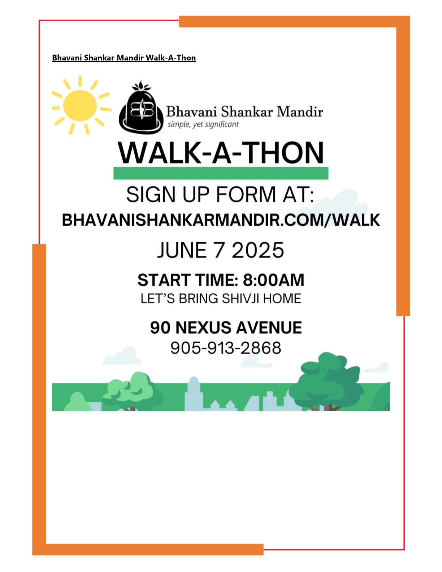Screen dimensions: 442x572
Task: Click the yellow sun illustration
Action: pos(80,105)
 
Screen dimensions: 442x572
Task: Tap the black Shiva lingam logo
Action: pos(141,108)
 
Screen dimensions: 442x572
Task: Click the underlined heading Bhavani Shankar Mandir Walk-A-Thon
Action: pos(124,58)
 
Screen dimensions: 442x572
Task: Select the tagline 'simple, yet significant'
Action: pos(203,124)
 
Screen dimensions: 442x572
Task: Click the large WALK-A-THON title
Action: pos(221,153)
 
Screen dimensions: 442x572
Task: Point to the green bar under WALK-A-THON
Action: pos(221,173)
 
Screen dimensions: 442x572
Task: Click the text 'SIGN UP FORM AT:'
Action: pos(220,195)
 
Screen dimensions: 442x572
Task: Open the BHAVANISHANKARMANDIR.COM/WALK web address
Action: pos(221,220)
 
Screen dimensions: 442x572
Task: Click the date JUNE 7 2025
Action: pos(221,250)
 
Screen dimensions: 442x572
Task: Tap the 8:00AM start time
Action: pos(273,280)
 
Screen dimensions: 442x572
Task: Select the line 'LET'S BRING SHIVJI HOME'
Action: pos(221,299)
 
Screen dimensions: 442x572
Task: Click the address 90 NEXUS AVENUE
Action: pos(226,328)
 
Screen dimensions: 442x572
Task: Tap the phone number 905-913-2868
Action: pos(226,348)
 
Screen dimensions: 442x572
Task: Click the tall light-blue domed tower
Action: pos(193,394)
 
